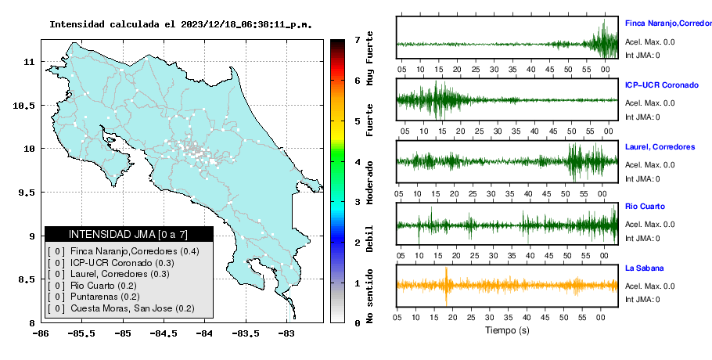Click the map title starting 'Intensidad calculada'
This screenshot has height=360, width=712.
pyautogui.click(x=181, y=24)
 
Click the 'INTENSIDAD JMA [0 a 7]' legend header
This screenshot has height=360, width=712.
pyautogui.click(x=128, y=234)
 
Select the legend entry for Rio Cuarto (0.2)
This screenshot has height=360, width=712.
pyautogui.click(x=92, y=286)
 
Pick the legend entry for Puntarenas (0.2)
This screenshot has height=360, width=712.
pyautogui.click(x=94, y=297)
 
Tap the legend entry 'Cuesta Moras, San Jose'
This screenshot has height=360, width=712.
pyautogui.click(x=121, y=308)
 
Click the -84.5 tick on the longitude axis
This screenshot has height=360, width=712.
pyautogui.click(x=164, y=333)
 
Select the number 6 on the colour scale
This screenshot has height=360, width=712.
pyautogui.click(x=357, y=81)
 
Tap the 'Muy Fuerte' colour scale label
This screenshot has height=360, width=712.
pyautogui.click(x=370, y=58)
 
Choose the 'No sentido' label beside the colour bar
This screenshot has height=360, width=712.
pyautogui.click(x=370, y=296)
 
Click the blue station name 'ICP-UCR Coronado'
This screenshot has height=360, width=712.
pyautogui.click(x=662, y=85)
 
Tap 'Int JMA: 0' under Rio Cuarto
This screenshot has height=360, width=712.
pyautogui.click(x=642, y=239)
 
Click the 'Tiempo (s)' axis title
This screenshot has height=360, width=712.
pyautogui.click(x=507, y=330)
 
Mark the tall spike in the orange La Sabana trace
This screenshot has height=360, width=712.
pyautogui.click(x=446, y=286)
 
